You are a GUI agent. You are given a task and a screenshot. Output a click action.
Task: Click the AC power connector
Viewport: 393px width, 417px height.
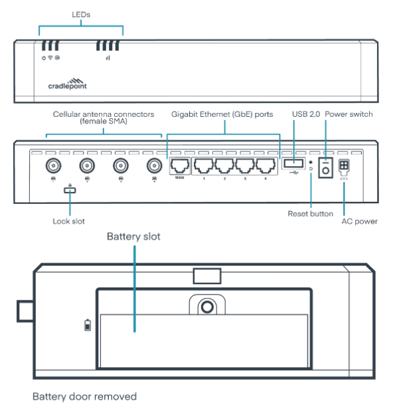pos(345,166)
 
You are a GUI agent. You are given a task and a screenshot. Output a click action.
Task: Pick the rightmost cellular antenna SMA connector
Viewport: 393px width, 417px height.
pos(154,165)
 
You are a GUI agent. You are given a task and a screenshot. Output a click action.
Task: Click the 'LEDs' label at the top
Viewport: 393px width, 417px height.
pos(82,14)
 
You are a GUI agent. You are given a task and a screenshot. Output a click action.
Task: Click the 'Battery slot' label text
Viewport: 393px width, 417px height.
pos(133,236)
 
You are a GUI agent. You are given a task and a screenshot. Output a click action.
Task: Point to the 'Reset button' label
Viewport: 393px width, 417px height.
pos(310,213)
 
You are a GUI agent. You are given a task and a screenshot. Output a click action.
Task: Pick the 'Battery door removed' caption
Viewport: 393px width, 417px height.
pos(85,396)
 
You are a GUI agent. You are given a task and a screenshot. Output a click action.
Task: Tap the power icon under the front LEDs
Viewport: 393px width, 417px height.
pos(43,58)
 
